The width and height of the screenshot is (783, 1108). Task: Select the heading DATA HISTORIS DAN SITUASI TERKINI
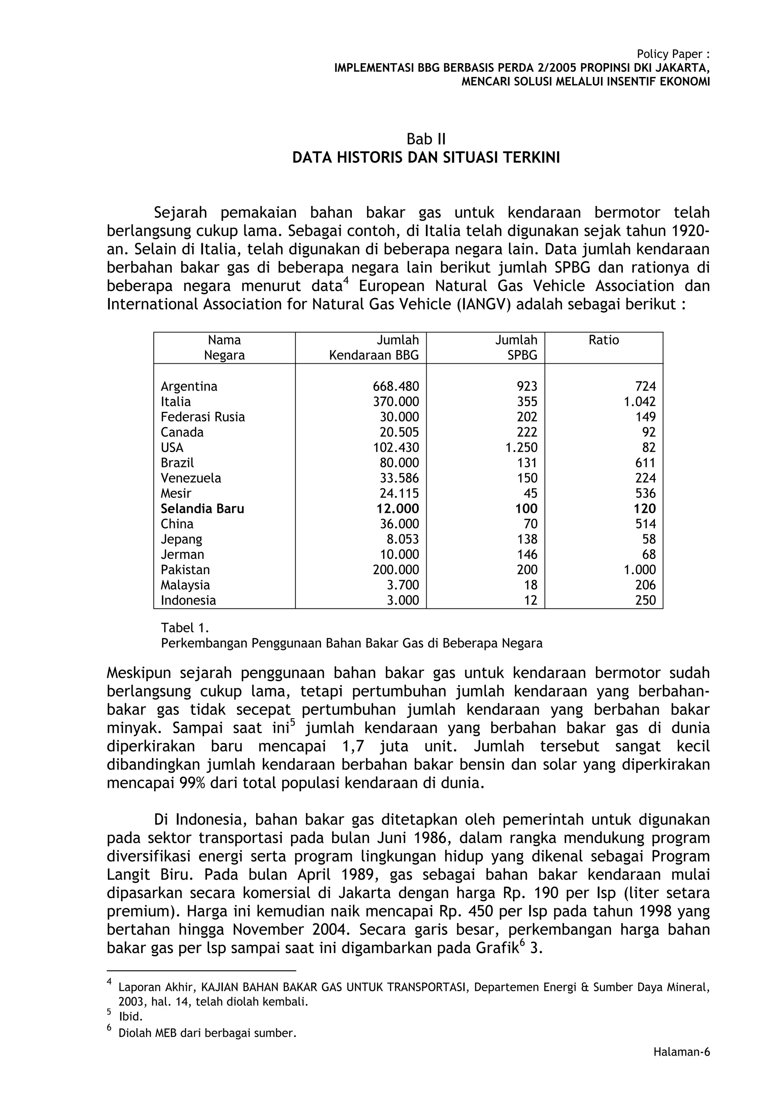click(426, 158)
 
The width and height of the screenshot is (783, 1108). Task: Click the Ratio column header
click(604, 340)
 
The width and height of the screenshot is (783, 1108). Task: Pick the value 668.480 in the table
click(396, 387)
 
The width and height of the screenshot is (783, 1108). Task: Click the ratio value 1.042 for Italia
click(640, 402)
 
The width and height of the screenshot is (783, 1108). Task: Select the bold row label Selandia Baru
click(202, 509)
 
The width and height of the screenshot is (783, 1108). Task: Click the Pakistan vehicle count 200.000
click(396, 570)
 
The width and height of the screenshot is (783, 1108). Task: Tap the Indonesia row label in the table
click(188, 600)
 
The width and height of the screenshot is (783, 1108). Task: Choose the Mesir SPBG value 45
click(531, 493)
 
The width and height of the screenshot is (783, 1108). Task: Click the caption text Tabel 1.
click(185, 628)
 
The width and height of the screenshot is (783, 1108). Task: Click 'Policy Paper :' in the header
click(673, 54)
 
